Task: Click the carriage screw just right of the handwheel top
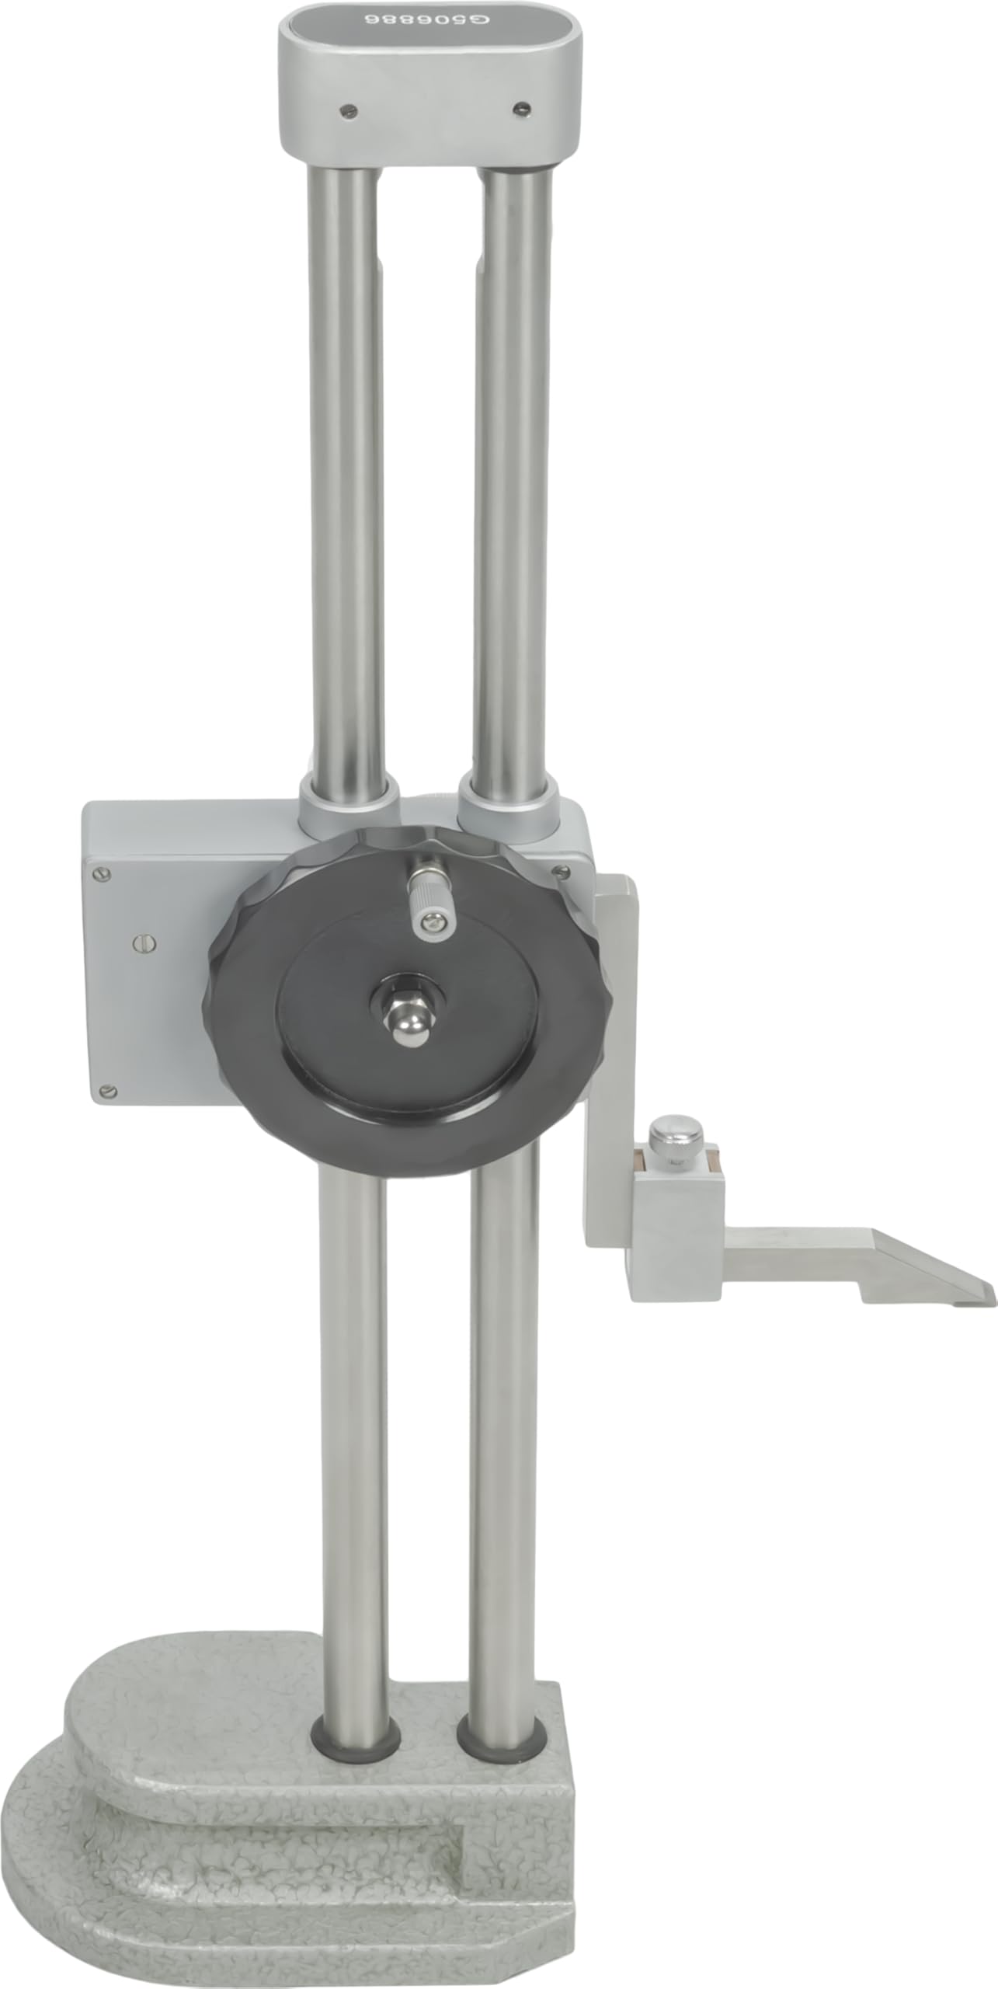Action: [x=557, y=871]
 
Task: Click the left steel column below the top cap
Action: [x=347, y=466]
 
